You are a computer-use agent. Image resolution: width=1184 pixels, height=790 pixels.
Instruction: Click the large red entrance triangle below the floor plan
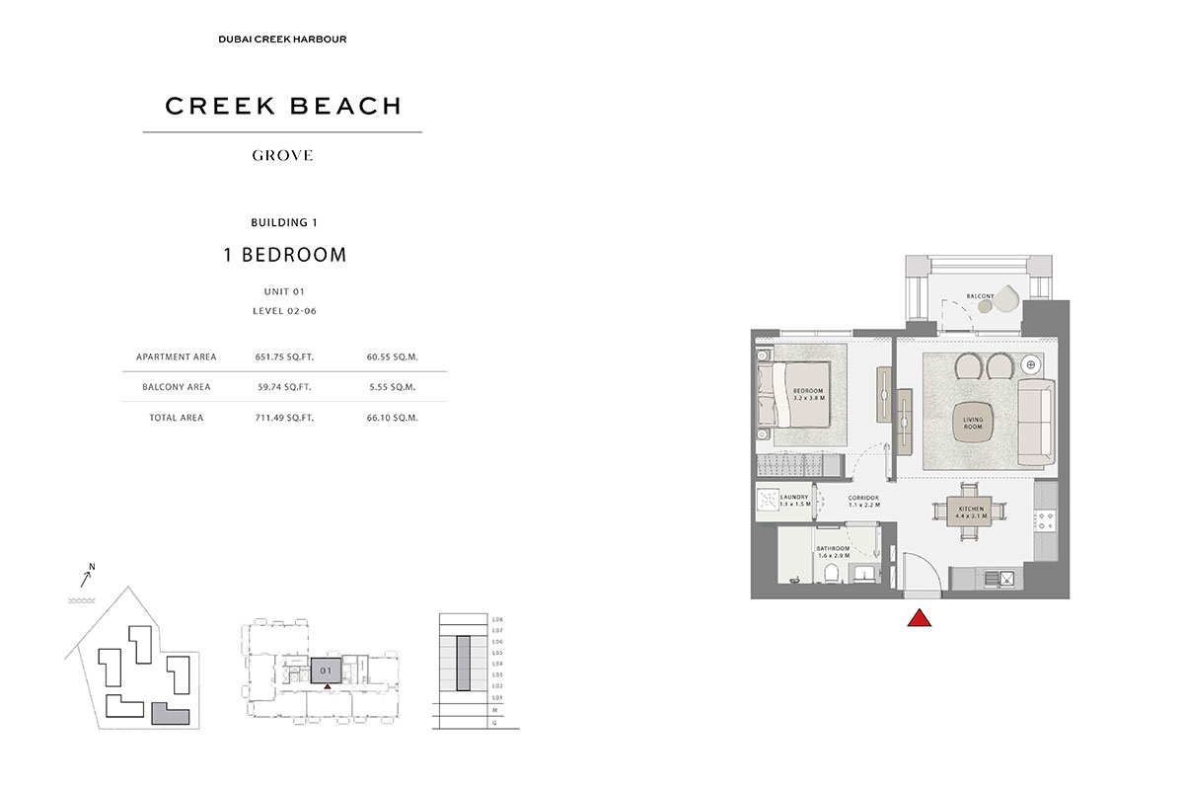point(920,619)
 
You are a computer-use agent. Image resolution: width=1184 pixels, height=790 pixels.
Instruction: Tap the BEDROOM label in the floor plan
point(807,394)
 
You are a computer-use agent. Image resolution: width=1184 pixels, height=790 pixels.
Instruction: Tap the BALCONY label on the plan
point(979,295)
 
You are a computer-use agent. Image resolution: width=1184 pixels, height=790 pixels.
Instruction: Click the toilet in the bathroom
point(834,574)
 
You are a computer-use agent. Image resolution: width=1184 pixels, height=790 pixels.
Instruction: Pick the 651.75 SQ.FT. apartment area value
point(284,356)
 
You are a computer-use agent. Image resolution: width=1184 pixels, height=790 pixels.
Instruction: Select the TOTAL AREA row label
point(177,418)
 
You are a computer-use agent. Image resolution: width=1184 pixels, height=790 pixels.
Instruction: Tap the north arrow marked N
point(87,572)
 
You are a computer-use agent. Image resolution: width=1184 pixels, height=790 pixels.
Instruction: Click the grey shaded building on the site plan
point(168,714)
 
